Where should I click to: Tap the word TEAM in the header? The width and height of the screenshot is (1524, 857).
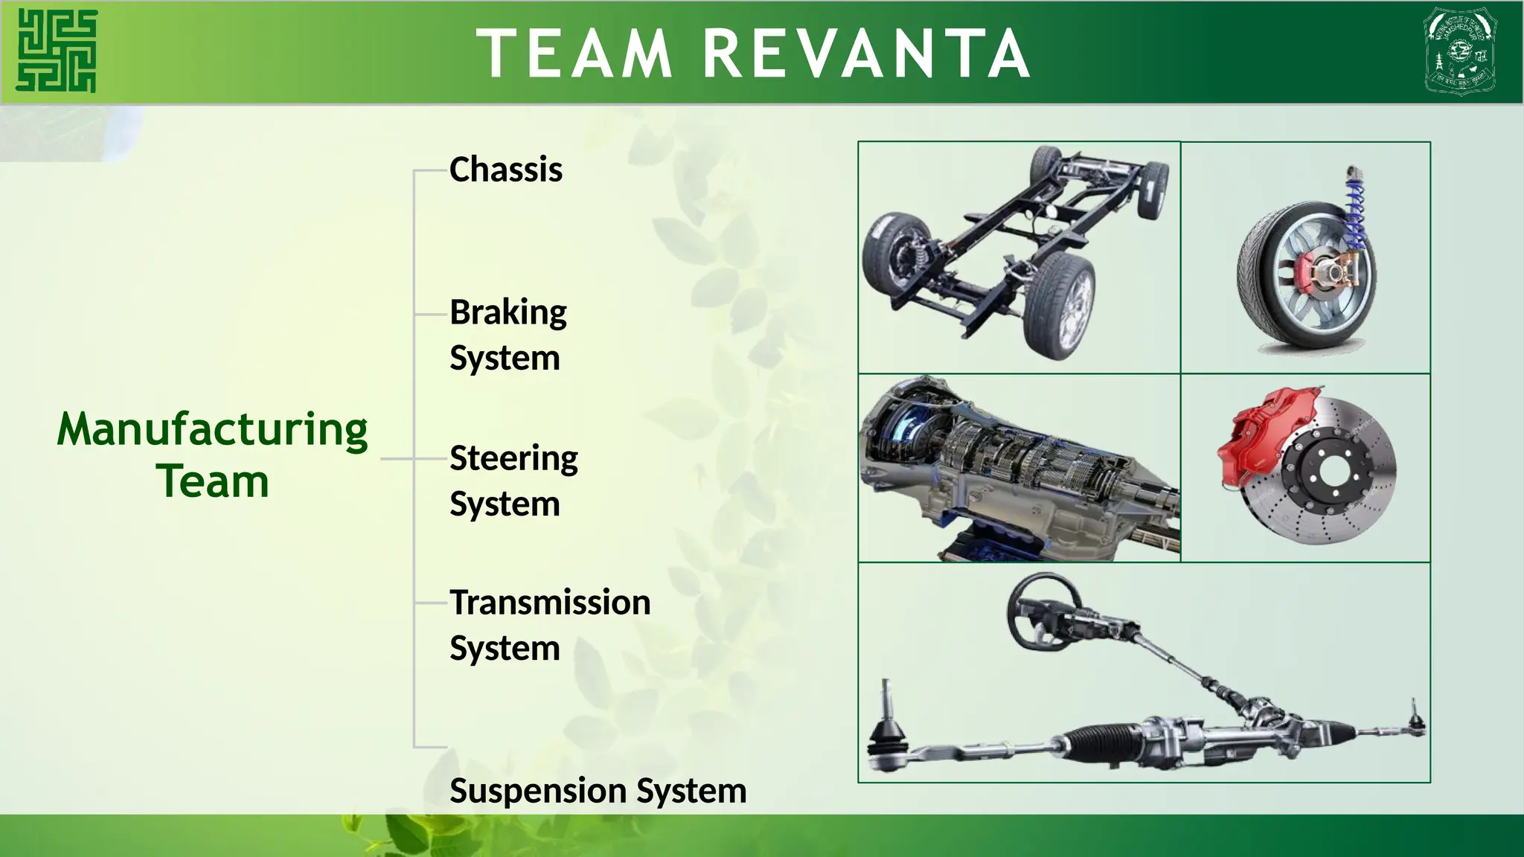pos(574,54)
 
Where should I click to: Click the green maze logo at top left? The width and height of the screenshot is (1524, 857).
pos(57,51)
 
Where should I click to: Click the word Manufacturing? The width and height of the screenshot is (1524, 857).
pos(212,431)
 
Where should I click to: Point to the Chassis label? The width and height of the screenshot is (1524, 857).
pos(506,170)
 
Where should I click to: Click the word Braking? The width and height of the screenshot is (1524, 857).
pos(508,313)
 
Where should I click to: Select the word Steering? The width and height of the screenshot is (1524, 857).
pos(513,458)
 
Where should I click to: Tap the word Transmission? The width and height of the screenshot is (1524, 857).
pos(550,603)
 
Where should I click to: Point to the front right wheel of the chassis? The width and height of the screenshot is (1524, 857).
pos(1059,305)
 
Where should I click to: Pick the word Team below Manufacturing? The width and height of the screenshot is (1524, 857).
pos(212,482)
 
